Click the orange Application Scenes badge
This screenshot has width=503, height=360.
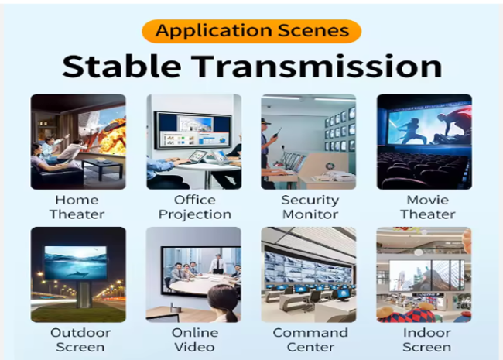click(251, 31)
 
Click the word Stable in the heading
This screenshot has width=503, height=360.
click(121, 67)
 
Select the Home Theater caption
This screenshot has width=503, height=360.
click(77, 207)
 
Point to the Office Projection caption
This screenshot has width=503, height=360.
click(195, 207)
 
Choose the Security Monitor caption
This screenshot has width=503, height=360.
click(310, 207)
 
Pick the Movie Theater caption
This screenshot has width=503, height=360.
click(428, 207)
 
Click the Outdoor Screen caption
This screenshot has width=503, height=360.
click(80, 340)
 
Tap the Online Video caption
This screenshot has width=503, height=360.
click(195, 340)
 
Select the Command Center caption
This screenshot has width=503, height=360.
click(310, 340)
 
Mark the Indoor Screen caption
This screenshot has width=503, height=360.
click(427, 340)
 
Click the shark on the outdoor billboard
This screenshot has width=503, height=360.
click(77, 274)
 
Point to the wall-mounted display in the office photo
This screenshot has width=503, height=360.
click(193, 130)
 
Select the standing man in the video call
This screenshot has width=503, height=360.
click(217, 264)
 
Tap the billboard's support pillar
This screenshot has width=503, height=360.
click(84, 295)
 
